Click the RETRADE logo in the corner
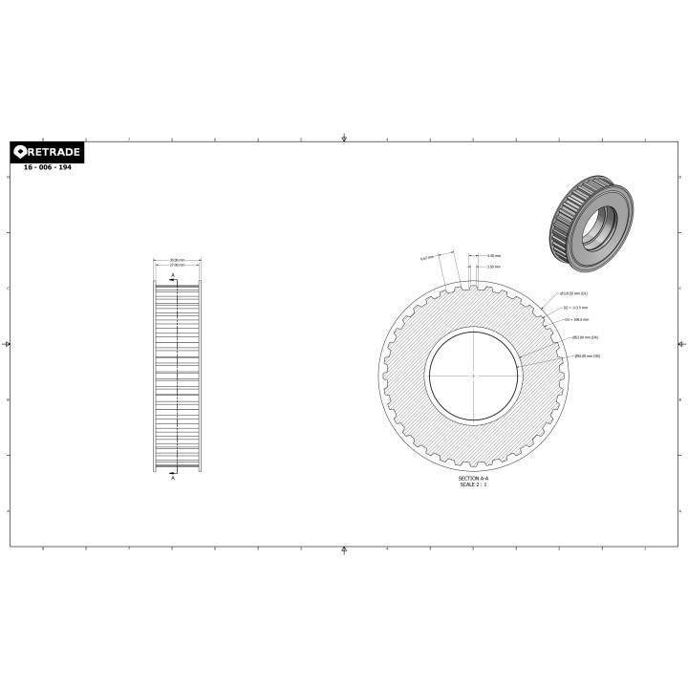[x=47, y=153]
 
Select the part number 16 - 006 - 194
[x=47, y=167]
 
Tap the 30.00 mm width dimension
[x=177, y=259]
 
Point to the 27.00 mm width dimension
[x=177, y=265]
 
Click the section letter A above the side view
[x=173, y=274]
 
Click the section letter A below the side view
[x=173, y=478]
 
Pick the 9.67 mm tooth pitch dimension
[x=426, y=258]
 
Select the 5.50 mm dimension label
[x=493, y=256]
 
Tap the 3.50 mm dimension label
[x=493, y=267]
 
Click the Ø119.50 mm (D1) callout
[x=574, y=293]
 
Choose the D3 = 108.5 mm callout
[x=576, y=320]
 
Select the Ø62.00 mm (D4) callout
[x=584, y=337]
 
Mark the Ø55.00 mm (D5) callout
[x=587, y=356]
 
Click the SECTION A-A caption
[x=473, y=478]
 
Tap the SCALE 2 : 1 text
[x=473, y=484]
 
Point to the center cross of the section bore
[x=474, y=376]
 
